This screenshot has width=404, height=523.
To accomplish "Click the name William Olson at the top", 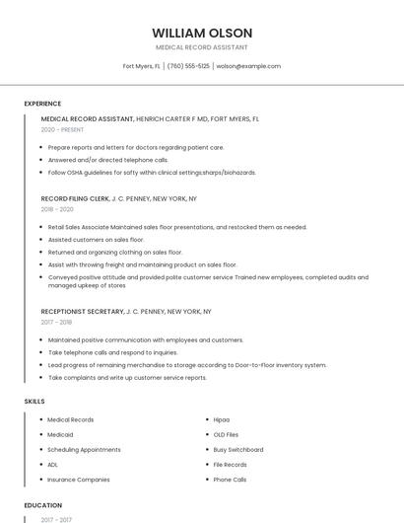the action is (202, 33).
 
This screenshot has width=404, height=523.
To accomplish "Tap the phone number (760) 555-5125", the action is (188, 66).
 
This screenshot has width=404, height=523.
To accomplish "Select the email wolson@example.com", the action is (248, 66).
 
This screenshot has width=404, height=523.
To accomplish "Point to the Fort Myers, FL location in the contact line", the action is (142, 66).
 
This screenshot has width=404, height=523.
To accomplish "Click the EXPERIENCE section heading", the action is (42, 104).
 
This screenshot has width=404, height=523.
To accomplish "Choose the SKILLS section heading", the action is (34, 402).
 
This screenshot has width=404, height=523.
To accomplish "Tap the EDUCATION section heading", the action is (43, 505).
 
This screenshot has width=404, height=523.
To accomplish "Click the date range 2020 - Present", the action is (62, 129).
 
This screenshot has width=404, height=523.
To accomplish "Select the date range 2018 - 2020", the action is (57, 209).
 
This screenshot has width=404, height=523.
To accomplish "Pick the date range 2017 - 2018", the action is (56, 322).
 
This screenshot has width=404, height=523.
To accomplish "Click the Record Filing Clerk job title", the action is (75, 198).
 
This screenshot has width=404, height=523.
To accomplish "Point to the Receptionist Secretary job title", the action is (83, 311).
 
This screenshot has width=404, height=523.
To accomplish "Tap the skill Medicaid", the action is (60, 434).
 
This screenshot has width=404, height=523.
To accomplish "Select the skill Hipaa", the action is (222, 419).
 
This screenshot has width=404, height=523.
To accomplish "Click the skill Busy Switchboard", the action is (238, 449).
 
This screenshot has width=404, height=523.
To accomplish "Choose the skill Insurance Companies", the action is (79, 480).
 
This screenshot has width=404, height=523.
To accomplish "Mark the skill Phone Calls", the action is (230, 480).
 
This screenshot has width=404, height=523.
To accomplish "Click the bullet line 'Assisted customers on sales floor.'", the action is (96, 240).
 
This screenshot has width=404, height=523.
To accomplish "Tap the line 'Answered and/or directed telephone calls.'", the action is (107, 160).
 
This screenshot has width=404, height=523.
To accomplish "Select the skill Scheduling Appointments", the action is (84, 449).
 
